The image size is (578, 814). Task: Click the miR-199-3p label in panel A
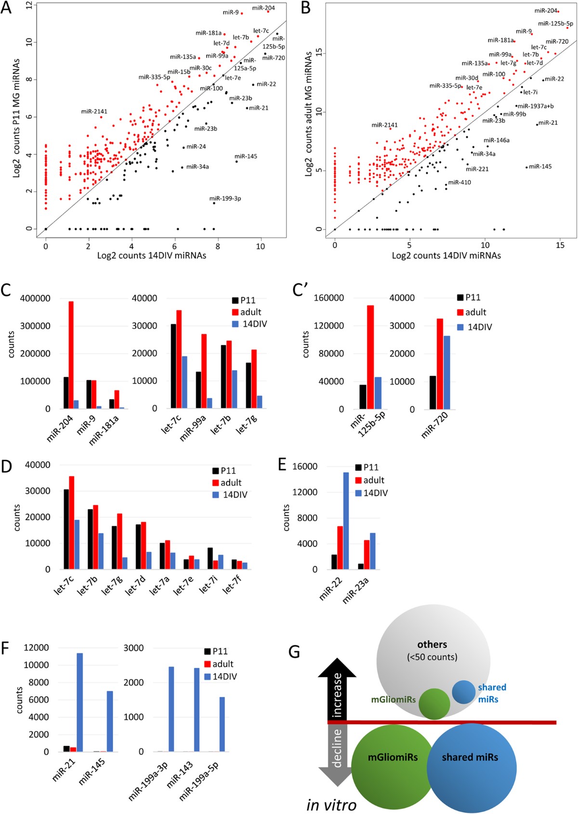pos(225,199)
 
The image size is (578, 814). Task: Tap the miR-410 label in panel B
pos(460,183)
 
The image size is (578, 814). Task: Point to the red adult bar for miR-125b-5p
pos(370,357)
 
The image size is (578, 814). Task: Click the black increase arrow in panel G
pos(337,692)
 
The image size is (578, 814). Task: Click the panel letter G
pos(294,653)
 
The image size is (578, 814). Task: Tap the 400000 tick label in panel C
pos(35,298)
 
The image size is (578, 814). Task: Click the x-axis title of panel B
pos(446,255)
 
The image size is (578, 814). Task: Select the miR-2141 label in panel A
pos(94,111)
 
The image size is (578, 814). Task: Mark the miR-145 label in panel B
pos(540,167)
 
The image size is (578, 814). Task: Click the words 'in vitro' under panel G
pos(331,804)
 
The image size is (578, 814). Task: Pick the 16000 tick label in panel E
pos(304,467)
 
